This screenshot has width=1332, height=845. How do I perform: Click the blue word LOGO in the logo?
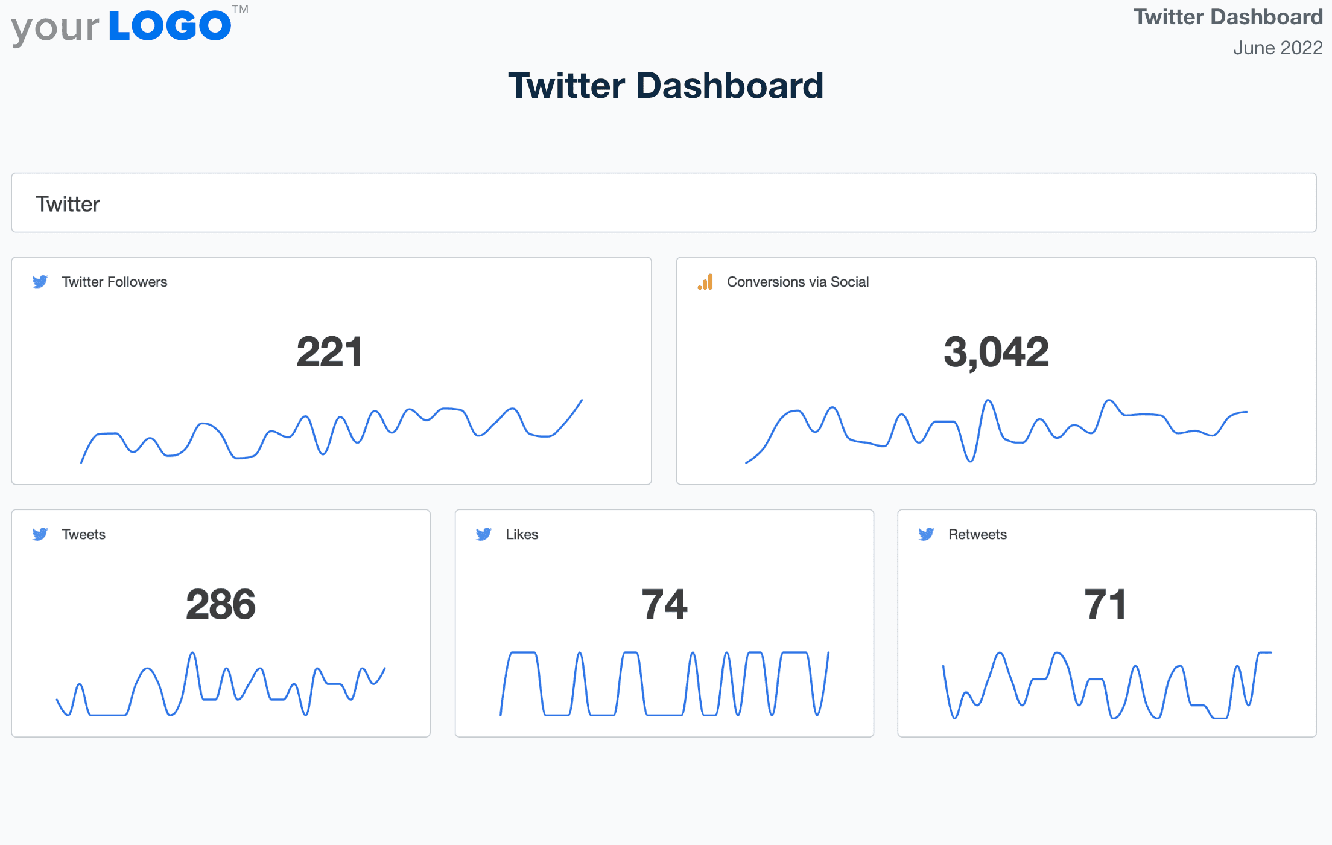tap(170, 26)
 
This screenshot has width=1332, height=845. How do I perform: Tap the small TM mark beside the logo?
tap(240, 10)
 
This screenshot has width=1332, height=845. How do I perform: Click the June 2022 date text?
tap(1277, 48)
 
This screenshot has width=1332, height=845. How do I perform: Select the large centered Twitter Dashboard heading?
tap(665, 85)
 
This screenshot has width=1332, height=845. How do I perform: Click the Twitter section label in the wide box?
tap(68, 204)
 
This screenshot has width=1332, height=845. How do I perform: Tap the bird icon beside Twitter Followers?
tap(40, 282)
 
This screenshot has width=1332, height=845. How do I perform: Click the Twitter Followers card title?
tap(115, 282)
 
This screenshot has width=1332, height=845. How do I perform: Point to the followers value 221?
tap(329, 352)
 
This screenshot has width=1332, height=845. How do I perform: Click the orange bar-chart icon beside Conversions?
tap(705, 282)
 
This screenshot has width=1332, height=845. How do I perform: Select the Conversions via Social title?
tap(798, 282)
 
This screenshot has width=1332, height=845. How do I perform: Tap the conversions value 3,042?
tap(996, 352)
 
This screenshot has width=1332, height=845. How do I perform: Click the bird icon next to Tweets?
tap(40, 534)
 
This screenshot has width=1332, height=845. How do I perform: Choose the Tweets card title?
tap(84, 534)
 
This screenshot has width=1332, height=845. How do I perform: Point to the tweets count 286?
tap(221, 604)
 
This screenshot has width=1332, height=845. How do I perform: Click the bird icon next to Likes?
tap(484, 534)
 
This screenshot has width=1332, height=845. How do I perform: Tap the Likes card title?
tap(522, 534)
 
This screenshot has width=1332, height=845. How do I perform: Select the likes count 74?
tap(664, 604)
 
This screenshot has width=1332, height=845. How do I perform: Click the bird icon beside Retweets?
tap(927, 534)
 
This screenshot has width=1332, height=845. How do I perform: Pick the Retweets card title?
tap(977, 534)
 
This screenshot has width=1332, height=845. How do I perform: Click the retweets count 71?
tap(1105, 604)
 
